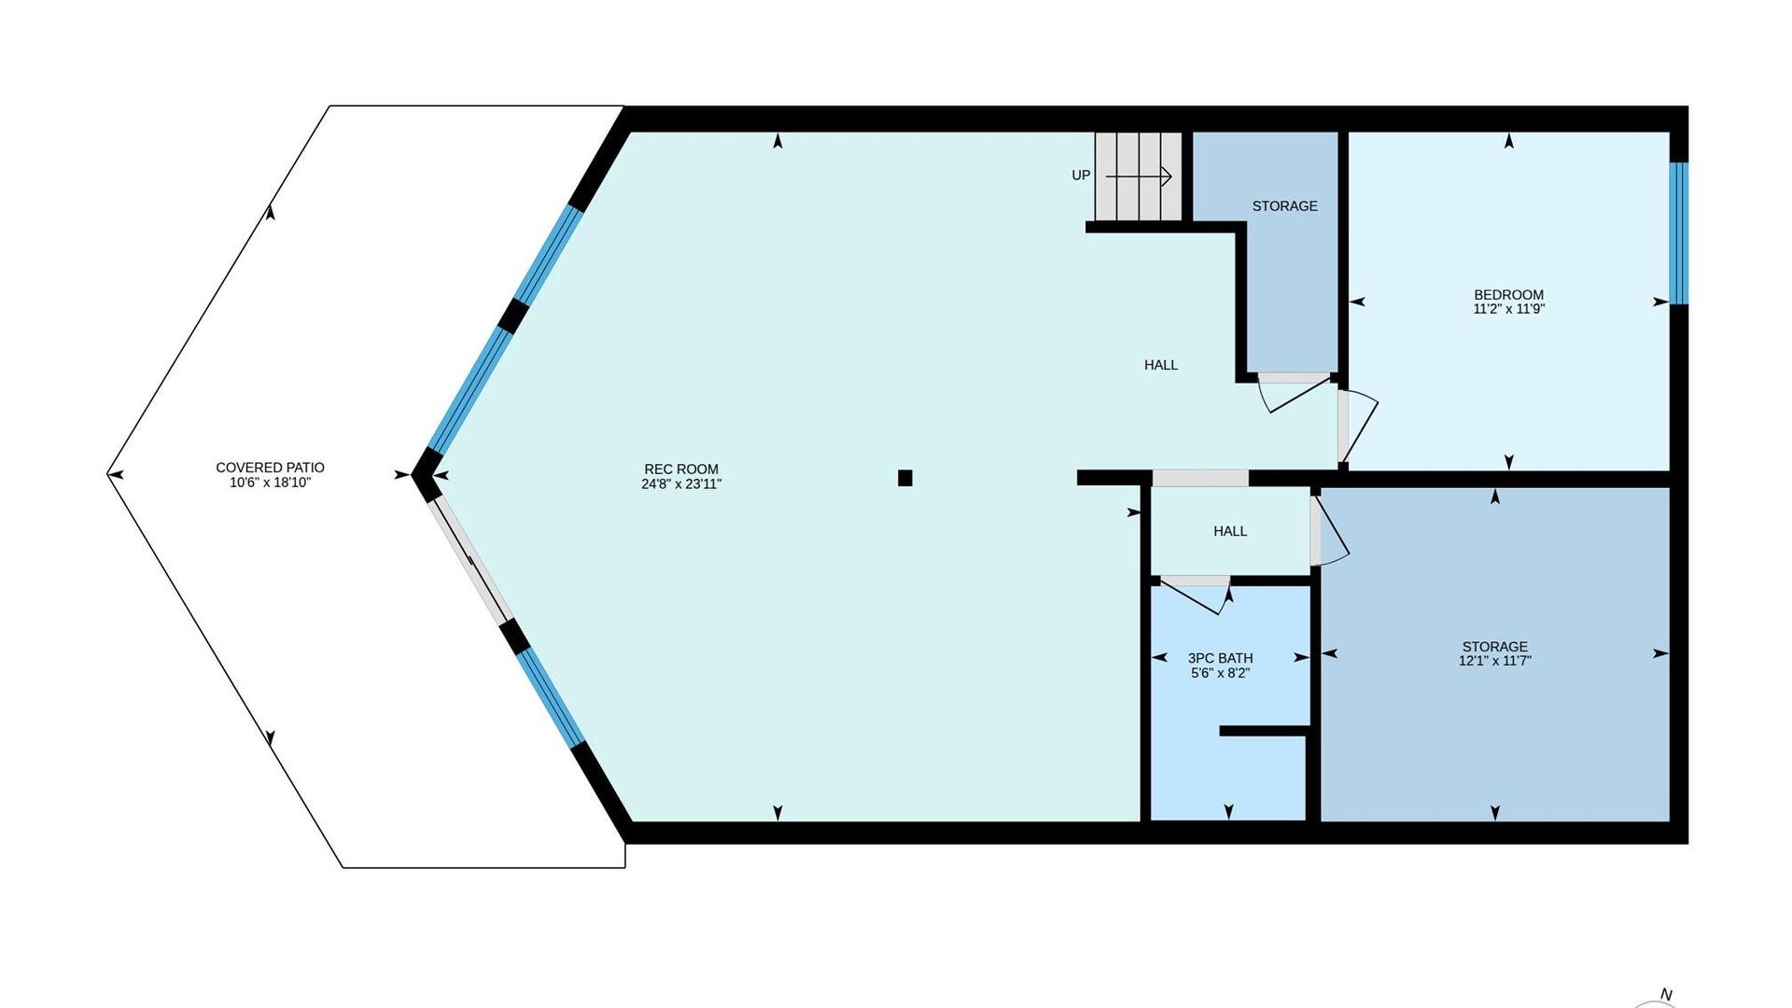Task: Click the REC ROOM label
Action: pos(681,469)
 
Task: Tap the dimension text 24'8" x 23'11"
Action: pos(681,484)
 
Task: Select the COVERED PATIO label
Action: pos(270,468)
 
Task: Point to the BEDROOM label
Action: pos(1508,295)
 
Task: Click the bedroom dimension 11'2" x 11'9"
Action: pos(1508,309)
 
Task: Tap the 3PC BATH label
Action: pos(1220,658)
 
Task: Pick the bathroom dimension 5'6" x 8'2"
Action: pos(1220,673)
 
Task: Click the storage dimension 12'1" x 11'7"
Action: pos(1495,661)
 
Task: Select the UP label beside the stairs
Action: pos(1081,175)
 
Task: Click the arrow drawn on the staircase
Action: pos(1139,175)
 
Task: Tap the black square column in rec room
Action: pos(904,478)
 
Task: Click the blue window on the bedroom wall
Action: pos(1678,233)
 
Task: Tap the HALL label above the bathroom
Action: pos(1230,531)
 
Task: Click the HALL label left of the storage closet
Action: pos(1161,365)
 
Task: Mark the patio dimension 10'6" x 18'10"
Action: pos(270,483)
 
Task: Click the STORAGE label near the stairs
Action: pos(1285,206)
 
